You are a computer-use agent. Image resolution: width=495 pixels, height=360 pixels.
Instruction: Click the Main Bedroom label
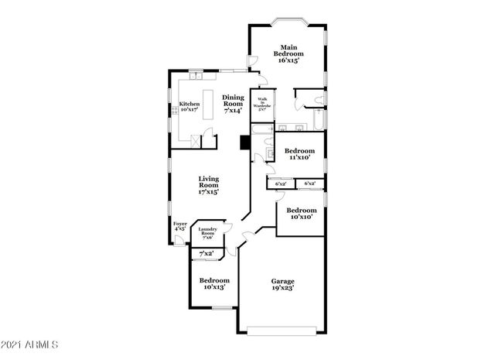tap(288, 53)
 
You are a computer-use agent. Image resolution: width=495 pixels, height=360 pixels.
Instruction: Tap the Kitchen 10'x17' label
tap(189, 107)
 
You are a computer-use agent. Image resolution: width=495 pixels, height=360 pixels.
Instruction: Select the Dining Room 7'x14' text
tap(233, 104)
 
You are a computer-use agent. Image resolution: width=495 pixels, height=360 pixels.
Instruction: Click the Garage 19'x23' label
tap(282, 285)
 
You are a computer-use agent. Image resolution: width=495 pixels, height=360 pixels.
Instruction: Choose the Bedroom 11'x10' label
tap(299, 153)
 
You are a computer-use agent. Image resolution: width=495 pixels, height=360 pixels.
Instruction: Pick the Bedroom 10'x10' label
tap(302, 214)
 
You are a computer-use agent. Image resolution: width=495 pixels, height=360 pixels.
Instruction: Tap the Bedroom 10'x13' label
tap(213, 283)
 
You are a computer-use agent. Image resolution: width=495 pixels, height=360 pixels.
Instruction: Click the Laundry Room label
tap(207, 232)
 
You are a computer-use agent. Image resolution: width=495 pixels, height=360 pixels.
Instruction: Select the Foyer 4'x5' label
tap(179, 226)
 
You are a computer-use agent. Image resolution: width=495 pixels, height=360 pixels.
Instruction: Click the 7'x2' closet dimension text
tap(207, 254)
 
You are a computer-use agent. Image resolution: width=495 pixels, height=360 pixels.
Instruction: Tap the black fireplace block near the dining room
tap(244, 142)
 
